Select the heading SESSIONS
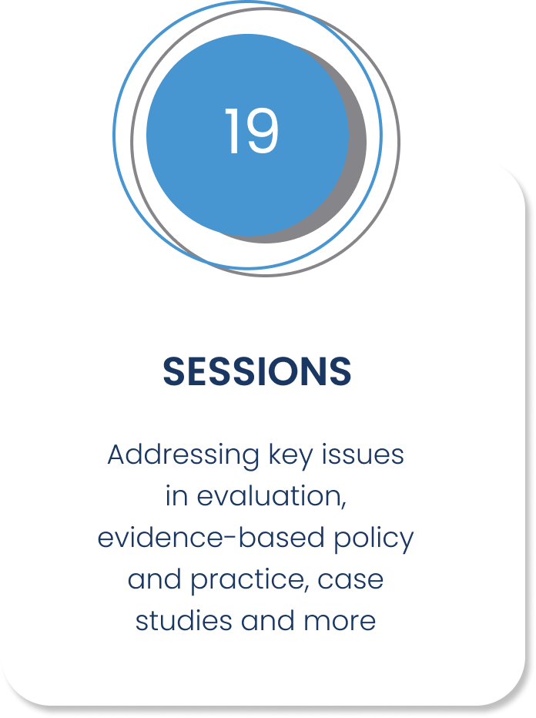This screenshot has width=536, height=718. [257, 371]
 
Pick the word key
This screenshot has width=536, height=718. [290, 456]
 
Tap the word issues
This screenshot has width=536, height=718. [363, 455]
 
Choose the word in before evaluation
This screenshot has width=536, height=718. [176, 496]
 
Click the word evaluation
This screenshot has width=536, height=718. [271, 497]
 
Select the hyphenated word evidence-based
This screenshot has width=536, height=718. [211, 538]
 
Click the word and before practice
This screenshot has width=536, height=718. [155, 579]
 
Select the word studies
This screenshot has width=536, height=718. [183, 620]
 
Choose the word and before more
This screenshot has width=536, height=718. [268, 620]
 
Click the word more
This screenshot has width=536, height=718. [340, 622]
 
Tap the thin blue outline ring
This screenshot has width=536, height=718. [113, 135]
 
